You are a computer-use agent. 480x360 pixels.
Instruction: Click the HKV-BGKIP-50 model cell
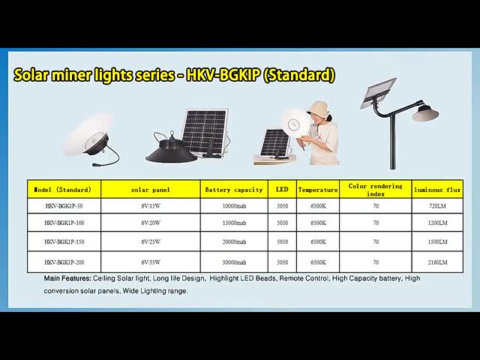pyautogui.click(x=64, y=205)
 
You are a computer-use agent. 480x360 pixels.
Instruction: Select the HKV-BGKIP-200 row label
pyautogui.click(x=64, y=262)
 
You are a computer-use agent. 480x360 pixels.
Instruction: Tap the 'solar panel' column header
pyautogui.click(x=151, y=190)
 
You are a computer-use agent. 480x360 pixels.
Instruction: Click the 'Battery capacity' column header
pyautogui.click(x=234, y=190)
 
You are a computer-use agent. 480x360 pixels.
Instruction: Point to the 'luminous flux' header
pyautogui.click(x=437, y=190)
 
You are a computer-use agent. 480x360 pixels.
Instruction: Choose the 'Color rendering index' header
pyautogui.click(x=376, y=189)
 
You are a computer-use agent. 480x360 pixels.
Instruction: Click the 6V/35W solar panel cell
pyautogui.click(x=151, y=262)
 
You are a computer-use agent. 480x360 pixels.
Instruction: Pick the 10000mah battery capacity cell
pyautogui.click(x=234, y=205)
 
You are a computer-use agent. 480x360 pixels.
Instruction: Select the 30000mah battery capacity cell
pyautogui.click(x=234, y=262)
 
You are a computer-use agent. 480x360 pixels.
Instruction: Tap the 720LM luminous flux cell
pyautogui.click(x=437, y=205)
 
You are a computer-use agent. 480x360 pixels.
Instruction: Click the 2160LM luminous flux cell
pyautogui.click(x=437, y=262)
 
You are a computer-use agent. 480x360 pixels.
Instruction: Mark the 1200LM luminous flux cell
pyautogui.click(x=437, y=223)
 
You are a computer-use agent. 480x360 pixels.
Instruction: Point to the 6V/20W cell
pyautogui.click(x=151, y=223)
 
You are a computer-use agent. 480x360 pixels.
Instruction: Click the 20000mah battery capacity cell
pyautogui.click(x=234, y=242)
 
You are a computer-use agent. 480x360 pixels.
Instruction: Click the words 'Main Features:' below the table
pyautogui.click(x=67, y=278)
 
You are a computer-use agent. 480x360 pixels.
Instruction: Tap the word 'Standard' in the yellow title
pyautogui.click(x=300, y=76)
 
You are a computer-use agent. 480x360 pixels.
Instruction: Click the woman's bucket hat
pyautogui.click(x=319, y=108)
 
